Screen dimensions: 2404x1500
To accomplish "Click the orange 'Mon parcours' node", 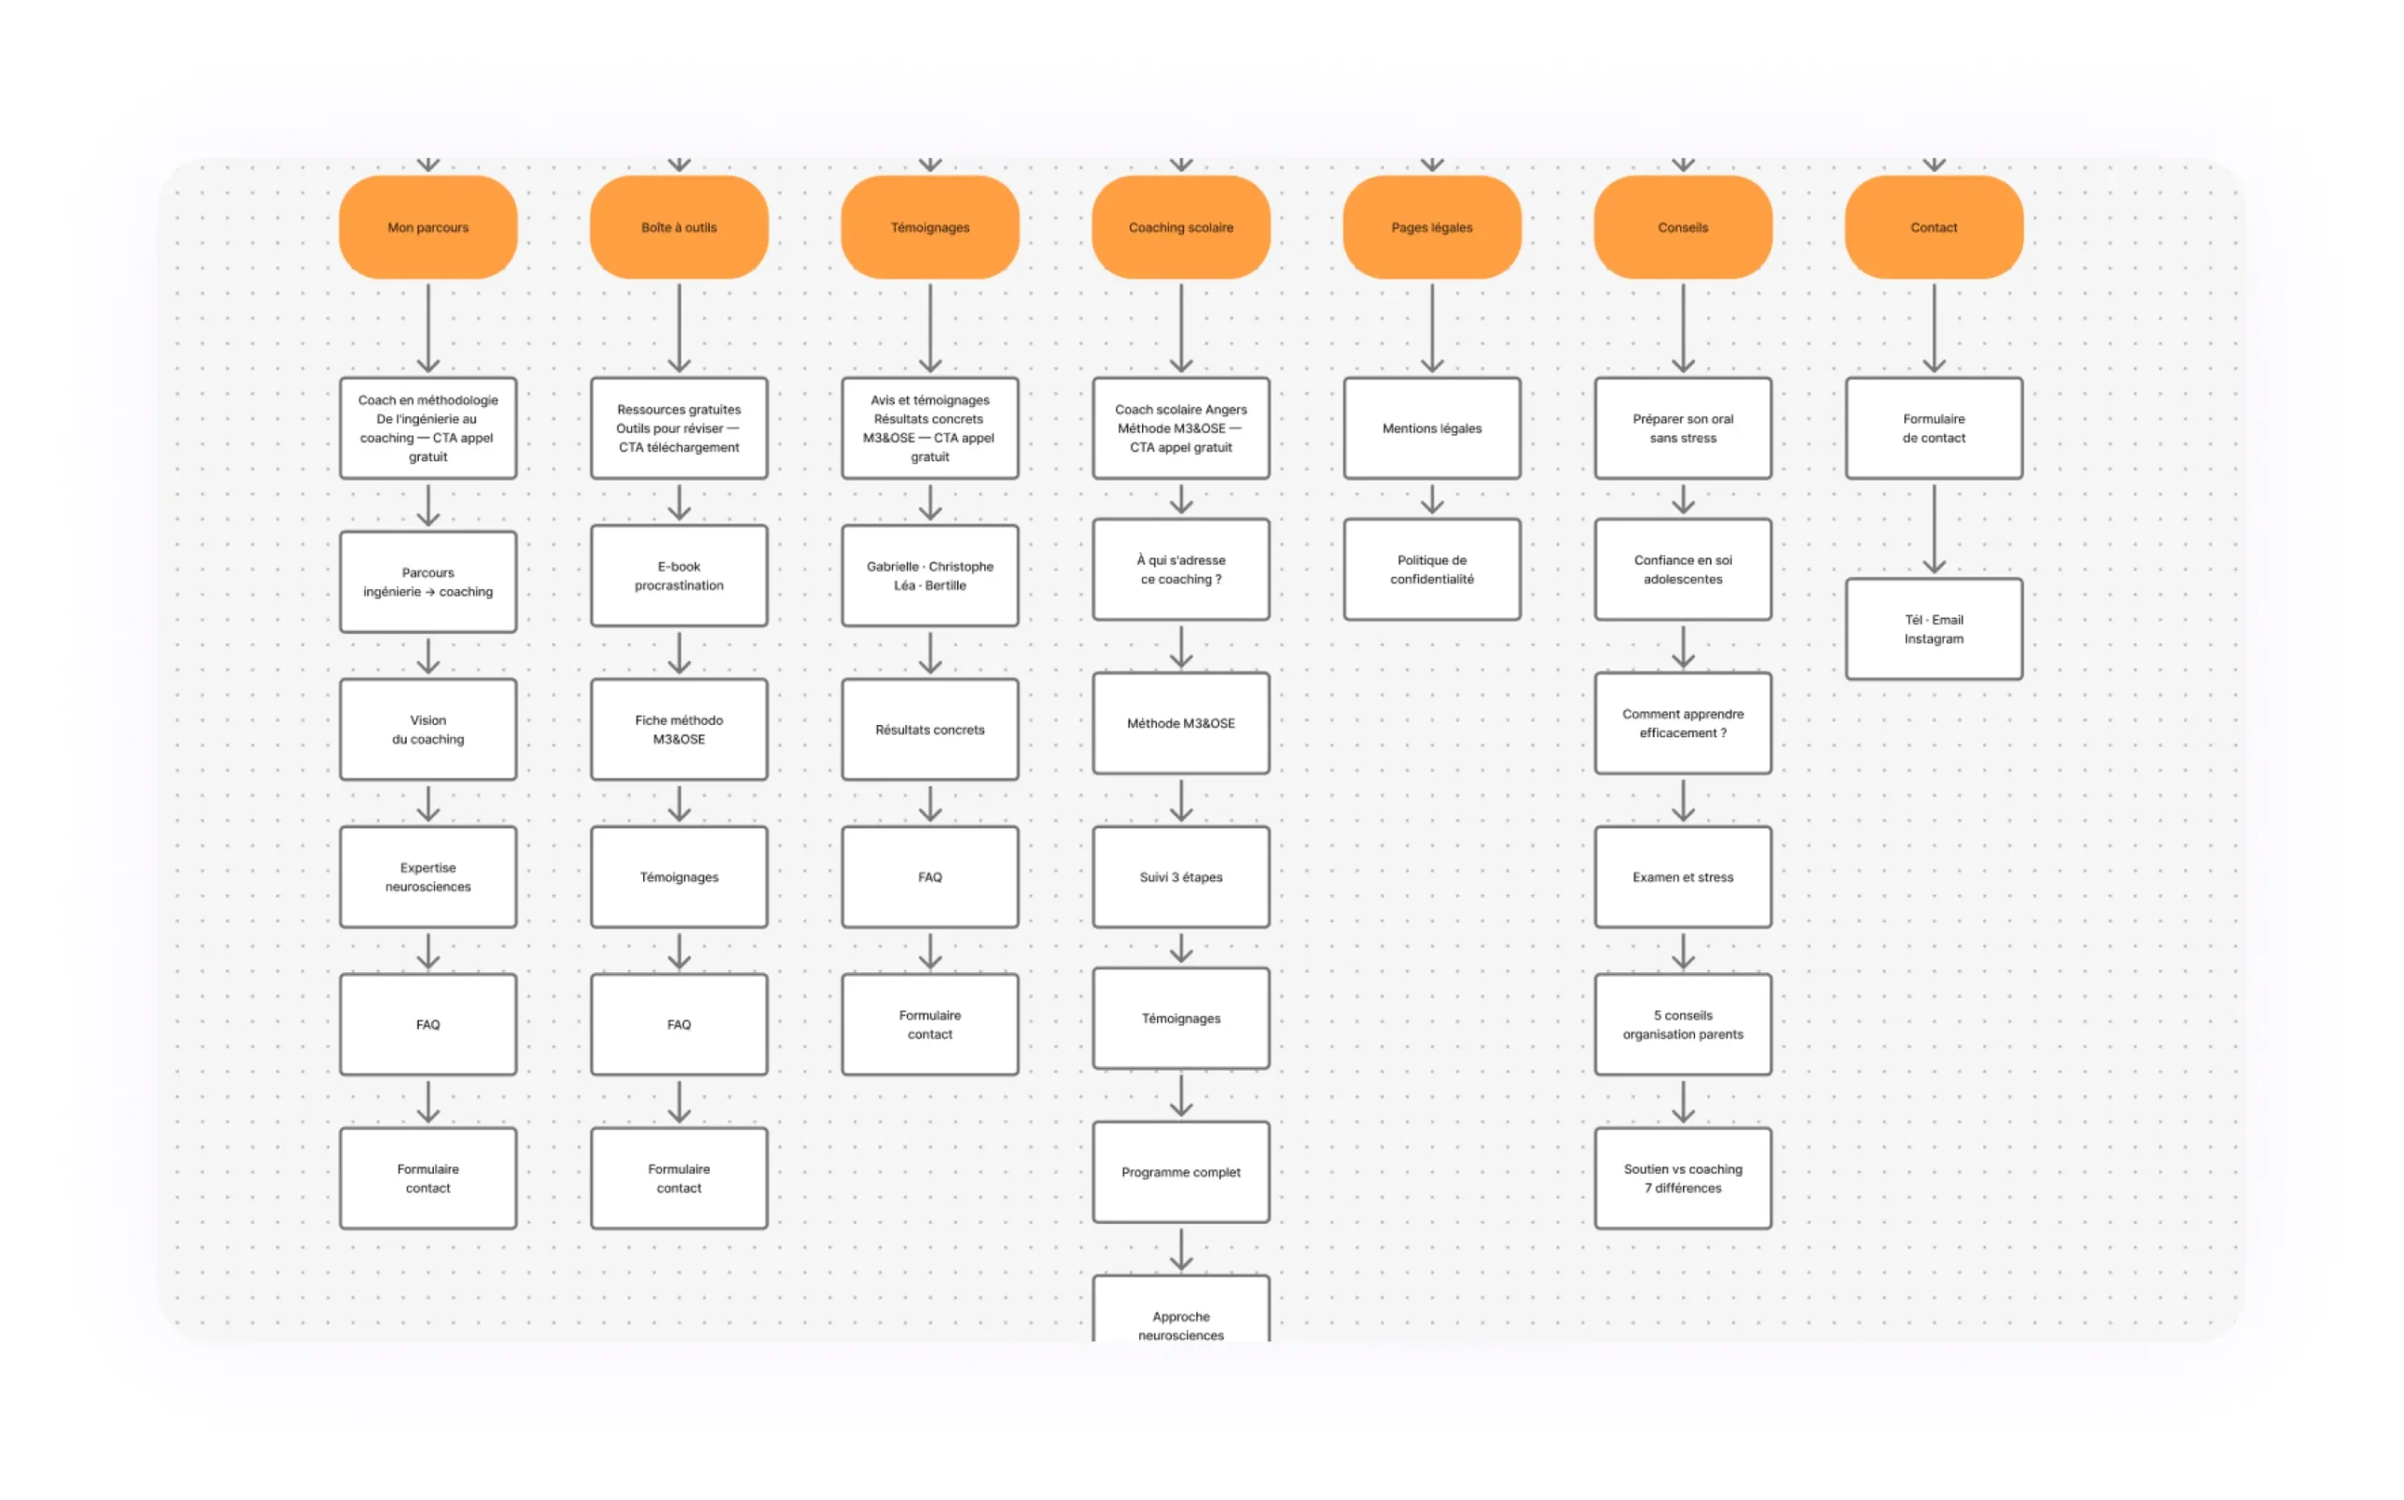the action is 428,227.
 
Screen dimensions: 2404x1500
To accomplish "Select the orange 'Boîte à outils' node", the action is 679,227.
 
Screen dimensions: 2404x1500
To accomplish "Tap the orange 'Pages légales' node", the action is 1432,227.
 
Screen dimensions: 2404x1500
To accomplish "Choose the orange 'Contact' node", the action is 1934,227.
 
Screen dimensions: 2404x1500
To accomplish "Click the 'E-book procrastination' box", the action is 679,576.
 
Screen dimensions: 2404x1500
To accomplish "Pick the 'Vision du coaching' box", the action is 428,729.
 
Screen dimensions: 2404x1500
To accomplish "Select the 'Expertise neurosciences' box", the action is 428,877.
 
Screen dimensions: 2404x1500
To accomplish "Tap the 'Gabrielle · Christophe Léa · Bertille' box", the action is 931,576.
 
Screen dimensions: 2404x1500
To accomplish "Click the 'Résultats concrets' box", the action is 931,729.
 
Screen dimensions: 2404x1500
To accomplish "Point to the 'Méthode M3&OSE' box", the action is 1181,723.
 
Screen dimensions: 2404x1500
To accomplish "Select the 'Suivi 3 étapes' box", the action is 1181,877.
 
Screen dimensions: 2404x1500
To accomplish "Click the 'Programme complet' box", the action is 1181,1171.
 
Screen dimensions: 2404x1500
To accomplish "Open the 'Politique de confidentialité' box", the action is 1432,569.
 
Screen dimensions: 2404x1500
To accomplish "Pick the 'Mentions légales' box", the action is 1432,428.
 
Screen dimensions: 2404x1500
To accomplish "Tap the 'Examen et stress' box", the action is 1683,877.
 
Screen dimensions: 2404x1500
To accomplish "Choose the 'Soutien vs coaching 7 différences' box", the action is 1683,1178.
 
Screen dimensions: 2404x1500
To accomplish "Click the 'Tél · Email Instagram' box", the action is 1934,629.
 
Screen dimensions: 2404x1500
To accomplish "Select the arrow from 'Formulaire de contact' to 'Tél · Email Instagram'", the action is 1934,529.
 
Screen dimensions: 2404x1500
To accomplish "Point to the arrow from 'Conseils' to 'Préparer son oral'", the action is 1683,329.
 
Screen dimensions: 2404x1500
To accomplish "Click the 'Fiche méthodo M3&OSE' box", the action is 679,729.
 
